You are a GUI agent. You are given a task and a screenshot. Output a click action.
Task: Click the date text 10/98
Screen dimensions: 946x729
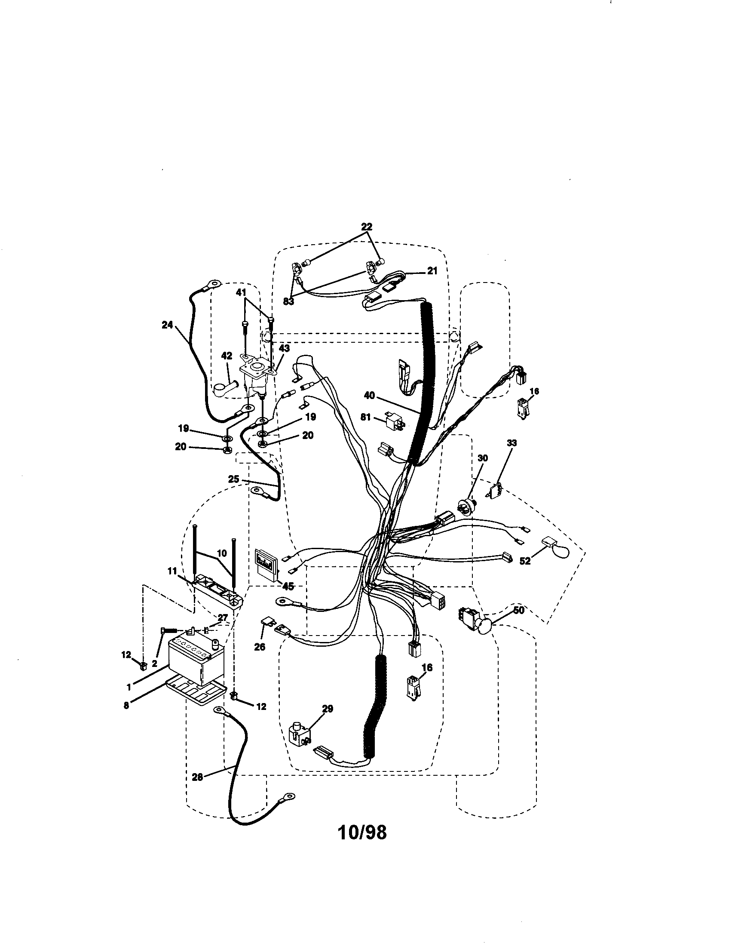coord(362,832)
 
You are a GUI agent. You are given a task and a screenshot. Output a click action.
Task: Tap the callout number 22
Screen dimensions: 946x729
coord(366,227)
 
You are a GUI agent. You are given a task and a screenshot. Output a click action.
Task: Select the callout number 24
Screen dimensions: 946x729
coord(167,324)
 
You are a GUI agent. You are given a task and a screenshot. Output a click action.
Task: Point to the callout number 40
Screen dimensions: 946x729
coord(369,396)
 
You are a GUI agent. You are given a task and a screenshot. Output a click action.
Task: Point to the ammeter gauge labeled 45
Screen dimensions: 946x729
coord(264,565)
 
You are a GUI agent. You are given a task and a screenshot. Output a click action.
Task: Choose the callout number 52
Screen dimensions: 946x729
coord(525,560)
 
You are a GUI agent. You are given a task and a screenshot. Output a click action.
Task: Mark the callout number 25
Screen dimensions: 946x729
coord(234,479)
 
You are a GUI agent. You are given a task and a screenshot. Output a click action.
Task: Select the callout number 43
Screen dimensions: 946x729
coord(285,348)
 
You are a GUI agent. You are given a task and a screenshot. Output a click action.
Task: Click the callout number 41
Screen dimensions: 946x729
coord(241,293)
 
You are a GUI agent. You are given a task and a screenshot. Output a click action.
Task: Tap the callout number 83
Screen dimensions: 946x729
coord(288,301)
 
